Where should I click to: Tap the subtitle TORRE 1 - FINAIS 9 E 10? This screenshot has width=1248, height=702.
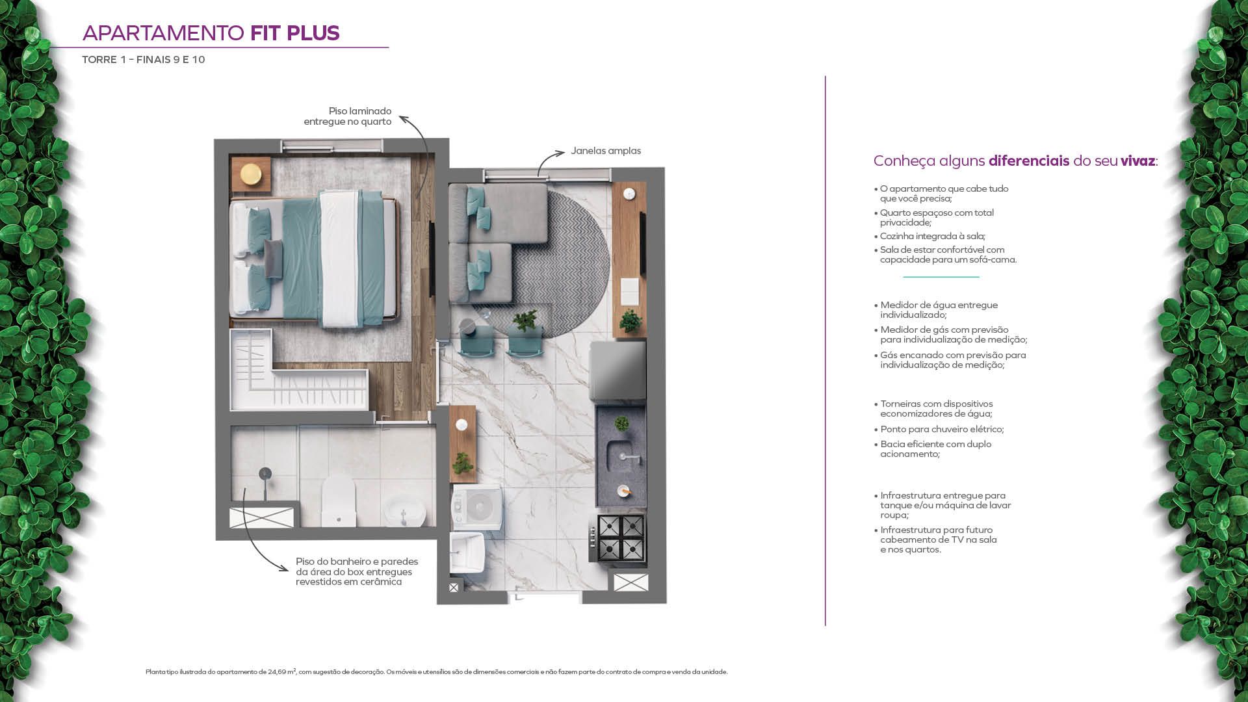pos(144,60)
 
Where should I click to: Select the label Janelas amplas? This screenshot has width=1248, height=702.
pos(606,151)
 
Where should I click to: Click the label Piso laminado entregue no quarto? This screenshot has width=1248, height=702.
pos(348,116)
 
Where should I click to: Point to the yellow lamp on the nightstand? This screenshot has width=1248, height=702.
pos(250,174)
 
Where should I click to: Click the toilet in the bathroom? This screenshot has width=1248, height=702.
pos(339,500)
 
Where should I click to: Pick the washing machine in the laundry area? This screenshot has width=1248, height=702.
pos(477,506)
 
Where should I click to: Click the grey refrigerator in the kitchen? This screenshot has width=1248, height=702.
pos(617,371)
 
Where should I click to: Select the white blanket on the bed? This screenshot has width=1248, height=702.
pos(340,258)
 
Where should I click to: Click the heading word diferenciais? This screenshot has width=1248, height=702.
pos(1029,161)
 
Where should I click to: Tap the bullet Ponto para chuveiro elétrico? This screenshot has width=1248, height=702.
pos(939,429)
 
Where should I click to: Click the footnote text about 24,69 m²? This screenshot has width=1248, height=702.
pos(436,672)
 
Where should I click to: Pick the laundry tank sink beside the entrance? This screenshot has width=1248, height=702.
pos(467,554)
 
